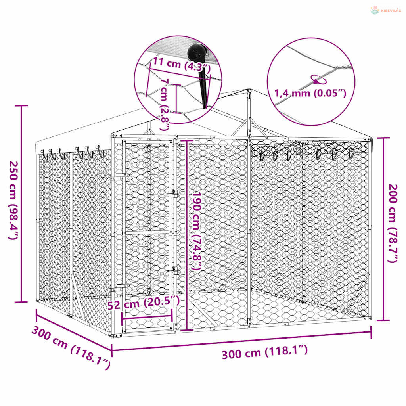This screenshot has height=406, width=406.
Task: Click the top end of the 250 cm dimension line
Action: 21,105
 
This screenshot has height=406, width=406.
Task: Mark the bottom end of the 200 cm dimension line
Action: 383,320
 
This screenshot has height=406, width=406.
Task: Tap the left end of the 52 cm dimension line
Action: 122,316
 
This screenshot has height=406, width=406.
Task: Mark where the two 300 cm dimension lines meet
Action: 112,350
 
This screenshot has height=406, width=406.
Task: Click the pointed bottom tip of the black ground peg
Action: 204,108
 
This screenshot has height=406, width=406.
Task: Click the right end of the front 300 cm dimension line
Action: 371,332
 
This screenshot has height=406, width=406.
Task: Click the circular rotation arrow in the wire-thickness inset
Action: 318,79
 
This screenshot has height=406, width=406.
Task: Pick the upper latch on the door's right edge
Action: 175,193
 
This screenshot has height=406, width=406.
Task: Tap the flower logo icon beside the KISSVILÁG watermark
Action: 374,10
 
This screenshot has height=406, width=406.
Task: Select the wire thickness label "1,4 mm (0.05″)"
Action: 310,93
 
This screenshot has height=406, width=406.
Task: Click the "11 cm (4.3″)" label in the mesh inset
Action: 182,65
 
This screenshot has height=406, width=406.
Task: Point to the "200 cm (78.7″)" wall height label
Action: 393,223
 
